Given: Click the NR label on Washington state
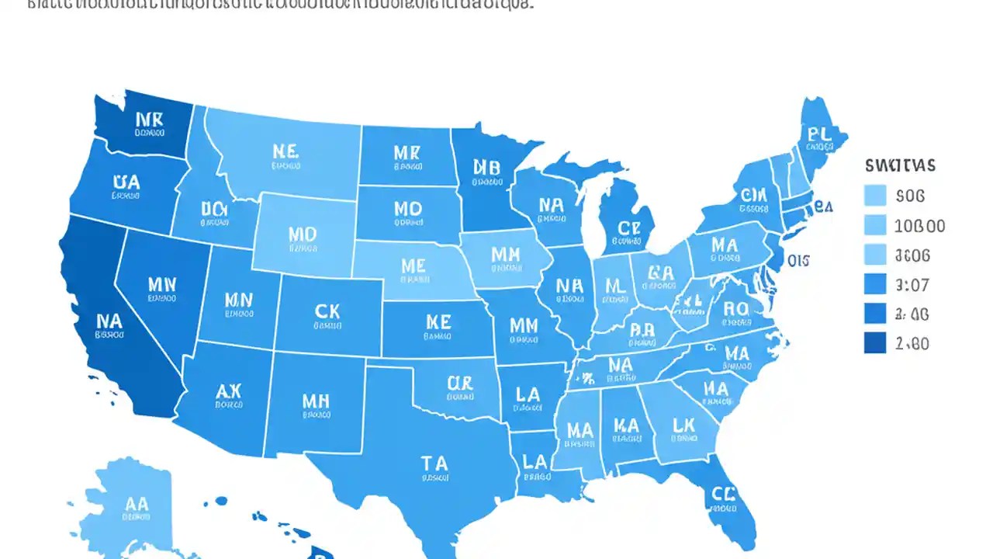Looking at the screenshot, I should pos(149,120).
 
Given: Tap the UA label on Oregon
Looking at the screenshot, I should pos(126,182).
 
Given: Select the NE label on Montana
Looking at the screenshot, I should pos(285,151).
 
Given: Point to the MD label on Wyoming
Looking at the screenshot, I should pos(302,234).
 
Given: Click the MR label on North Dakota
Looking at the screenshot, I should pos(406,152).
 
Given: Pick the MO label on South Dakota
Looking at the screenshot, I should pos(407,210).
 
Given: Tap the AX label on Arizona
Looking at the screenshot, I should pos(229,390).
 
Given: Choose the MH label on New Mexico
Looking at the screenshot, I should pos(315,401).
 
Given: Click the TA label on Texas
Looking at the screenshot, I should pos(434,464).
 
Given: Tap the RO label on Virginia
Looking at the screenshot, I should pos(735,308).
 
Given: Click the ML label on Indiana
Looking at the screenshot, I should pos(614,286).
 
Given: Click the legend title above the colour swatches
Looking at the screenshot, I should pos(900,165).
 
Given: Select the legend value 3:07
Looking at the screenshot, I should pos(912,285).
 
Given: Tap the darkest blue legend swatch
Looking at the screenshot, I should pos(875,342).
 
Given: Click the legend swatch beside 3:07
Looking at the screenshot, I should pos(875,284).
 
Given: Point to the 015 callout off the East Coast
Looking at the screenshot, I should pos(798,261).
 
